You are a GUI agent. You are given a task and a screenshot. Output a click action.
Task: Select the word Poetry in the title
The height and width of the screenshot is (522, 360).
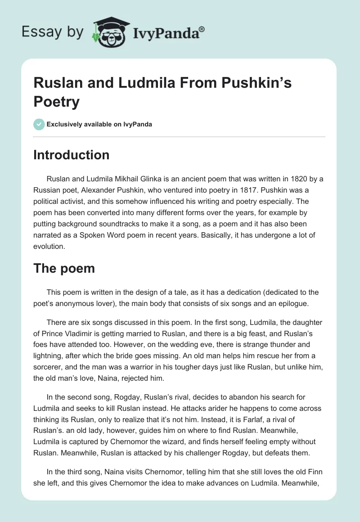pos(56,102)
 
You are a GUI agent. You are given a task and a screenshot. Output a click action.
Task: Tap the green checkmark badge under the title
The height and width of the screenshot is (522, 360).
pos(39,124)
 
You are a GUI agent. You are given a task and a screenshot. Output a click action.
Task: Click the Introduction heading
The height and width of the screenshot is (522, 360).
pos(72,155)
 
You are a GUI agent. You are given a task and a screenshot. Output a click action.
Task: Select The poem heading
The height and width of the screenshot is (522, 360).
pos(64,268)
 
